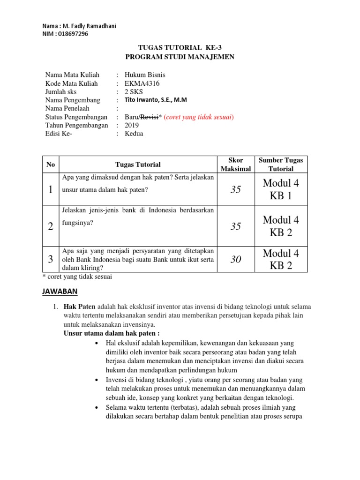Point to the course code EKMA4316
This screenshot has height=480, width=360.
pyautogui.click(x=142, y=83)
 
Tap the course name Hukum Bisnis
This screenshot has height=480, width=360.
pyautogui.click(x=145, y=75)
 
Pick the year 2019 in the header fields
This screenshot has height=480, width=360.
pyautogui.click(x=133, y=125)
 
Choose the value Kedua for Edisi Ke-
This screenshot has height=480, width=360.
pyautogui.click(x=134, y=134)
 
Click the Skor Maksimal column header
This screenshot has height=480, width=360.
pyautogui.click(x=236, y=165)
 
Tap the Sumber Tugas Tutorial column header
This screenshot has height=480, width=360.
pyautogui.click(x=281, y=165)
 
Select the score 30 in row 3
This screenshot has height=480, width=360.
pyautogui.click(x=236, y=259)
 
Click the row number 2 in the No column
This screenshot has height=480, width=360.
pyautogui.click(x=51, y=226)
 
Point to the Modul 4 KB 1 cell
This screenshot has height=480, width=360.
pyautogui.click(x=281, y=189)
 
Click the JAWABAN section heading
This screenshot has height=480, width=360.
pyautogui.click(x=60, y=292)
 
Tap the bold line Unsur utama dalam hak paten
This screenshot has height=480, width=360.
pyautogui.click(x=112, y=333)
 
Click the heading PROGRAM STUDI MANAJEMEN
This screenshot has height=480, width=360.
pyautogui.click(x=180, y=57)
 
